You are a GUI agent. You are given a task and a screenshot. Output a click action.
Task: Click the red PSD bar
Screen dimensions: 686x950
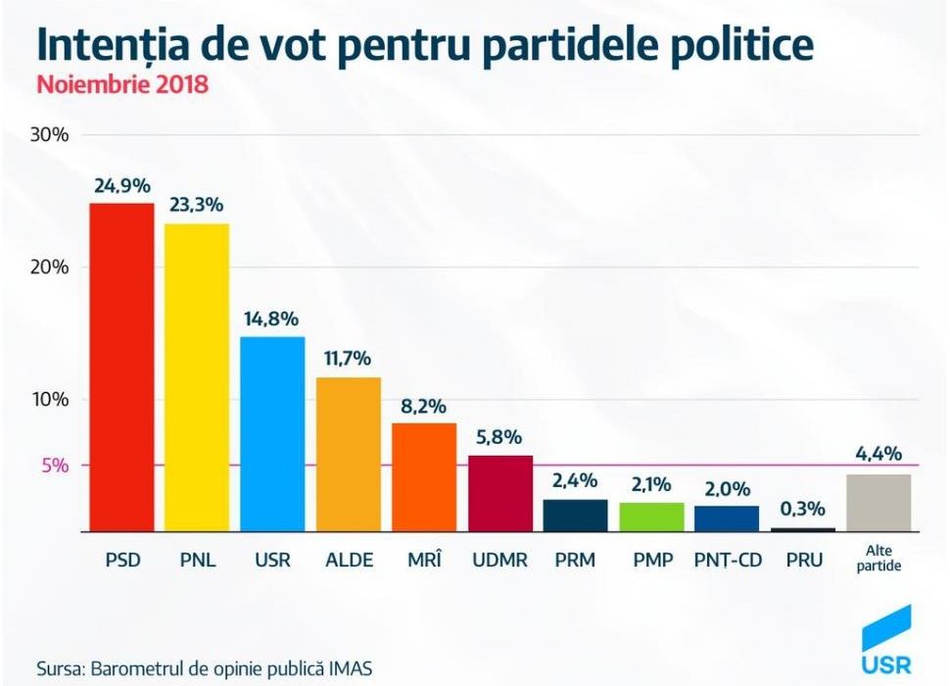tap(121, 367)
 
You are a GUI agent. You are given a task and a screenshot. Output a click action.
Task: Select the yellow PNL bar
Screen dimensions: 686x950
tap(197, 377)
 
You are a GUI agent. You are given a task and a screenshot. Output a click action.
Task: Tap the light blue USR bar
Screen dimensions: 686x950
tap(272, 433)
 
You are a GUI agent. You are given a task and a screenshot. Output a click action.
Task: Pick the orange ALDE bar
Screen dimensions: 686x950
tap(349, 454)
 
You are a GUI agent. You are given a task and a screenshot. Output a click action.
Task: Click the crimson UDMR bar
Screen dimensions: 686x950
tap(500, 493)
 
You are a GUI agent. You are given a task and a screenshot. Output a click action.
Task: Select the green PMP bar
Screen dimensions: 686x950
tap(652, 516)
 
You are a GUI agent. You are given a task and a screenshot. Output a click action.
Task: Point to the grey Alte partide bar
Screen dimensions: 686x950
tap(879, 503)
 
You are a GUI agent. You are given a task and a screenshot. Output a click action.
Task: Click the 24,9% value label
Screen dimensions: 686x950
tap(121, 186)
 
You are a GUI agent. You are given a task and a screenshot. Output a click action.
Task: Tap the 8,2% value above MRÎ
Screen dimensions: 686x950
tap(424, 406)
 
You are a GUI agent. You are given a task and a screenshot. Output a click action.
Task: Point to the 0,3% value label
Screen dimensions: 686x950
tap(803, 510)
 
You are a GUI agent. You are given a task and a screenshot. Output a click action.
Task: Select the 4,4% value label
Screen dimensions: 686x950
tap(879, 455)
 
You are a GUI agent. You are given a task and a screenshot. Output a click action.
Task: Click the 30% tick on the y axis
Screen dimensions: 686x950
tap(49, 135)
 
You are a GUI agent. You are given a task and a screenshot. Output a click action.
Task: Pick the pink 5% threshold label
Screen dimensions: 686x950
tap(55, 465)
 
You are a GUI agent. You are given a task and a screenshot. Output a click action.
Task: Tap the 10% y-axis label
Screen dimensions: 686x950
tap(49, 400)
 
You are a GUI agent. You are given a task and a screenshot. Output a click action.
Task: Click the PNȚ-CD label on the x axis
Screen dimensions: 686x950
tap(727, 561)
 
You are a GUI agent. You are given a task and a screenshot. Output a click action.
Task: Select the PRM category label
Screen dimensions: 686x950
tap(576, 561)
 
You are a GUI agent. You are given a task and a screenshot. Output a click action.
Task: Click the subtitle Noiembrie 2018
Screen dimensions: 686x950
tap(122, 84)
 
